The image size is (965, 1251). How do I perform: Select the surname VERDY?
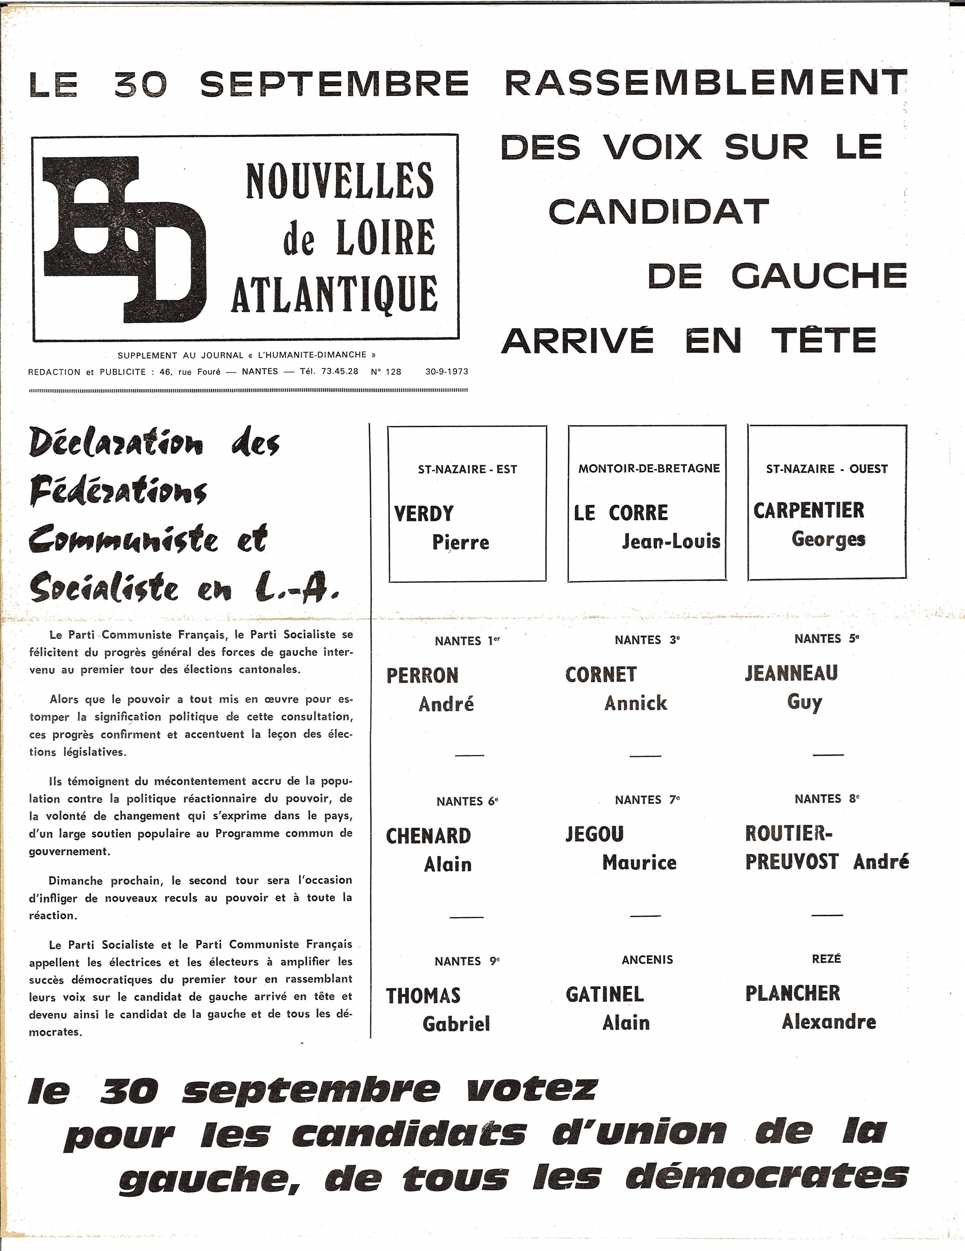[x=424, y=514]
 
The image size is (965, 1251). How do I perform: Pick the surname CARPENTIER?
[x=809, y=510]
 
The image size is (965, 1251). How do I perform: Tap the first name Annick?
[x=636, y=703]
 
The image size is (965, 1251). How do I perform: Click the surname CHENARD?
[x=428, y=836]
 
